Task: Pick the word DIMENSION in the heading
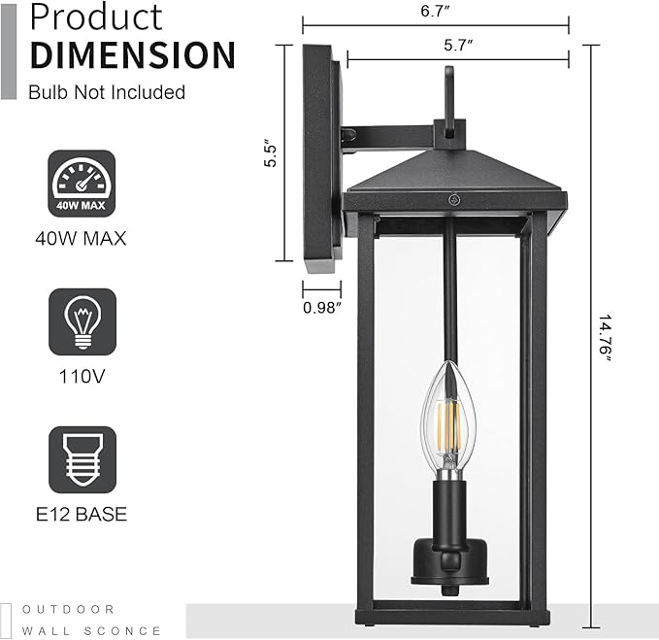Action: pyautogui.click(x=133, y=54)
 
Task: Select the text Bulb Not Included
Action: pyautogui.click(x=107, y=93)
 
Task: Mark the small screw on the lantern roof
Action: pyautogui.click(x=453, y=199)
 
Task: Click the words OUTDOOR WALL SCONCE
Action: pyautogui.click(x=92, y=620)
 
